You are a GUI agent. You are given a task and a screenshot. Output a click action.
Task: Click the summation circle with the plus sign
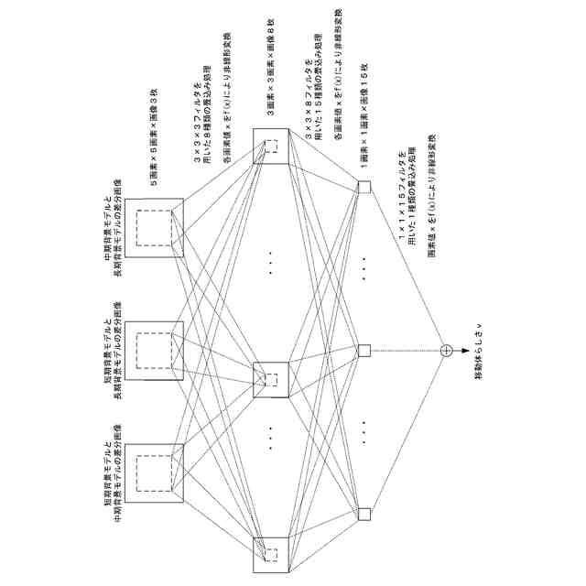(x=446, y=350)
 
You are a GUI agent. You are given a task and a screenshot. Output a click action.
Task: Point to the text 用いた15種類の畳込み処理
(x=320, y=98)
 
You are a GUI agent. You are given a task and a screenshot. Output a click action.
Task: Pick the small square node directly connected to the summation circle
(x=364, y=350)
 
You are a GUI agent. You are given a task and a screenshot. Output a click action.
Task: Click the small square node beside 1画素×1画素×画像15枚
(x=364, y=188)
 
